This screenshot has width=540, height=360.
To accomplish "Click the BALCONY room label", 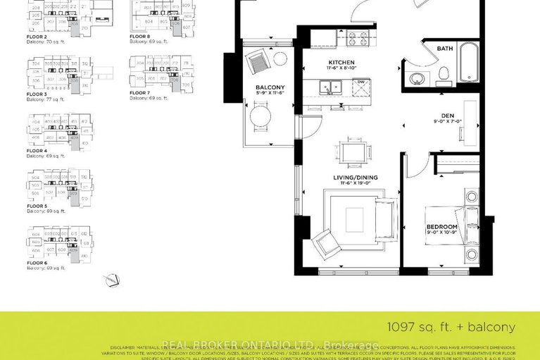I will coord(269,87).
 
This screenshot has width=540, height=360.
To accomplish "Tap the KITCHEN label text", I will coord(341,63).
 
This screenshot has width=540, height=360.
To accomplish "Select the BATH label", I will coord(444,49).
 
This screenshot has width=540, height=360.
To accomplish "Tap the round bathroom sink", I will coord(416,77).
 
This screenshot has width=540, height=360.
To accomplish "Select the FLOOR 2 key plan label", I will coord(37,36).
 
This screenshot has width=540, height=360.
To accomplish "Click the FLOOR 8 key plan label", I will coord(139,36).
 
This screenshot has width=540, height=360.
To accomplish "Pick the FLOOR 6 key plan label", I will coord(37,262).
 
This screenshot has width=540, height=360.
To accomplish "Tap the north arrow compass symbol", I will coord(111,280).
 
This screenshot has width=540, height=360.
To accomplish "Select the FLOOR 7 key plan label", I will coord(139,92).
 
